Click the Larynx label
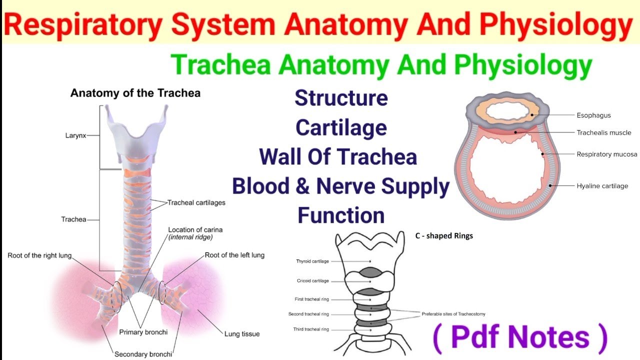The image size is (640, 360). coord(75,135)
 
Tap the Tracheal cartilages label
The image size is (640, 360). coord(196,202)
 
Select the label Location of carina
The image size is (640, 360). coord(195,230)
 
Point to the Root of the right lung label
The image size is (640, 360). coord(39,255)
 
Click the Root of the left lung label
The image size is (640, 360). coord(234,255)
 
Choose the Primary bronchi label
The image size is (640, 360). coord(143,332)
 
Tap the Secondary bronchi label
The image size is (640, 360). coord(143,354)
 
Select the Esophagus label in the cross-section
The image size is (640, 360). coord(593,115)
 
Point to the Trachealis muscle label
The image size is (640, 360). coord(603,133)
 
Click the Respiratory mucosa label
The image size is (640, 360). coord(606,154)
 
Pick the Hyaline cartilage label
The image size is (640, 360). coord(602,186)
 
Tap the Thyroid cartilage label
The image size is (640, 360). coord(312,261)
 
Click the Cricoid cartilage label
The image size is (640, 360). coord(312,281)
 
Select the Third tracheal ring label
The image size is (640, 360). coord(310,329)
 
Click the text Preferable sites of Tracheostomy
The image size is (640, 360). coord(453,314)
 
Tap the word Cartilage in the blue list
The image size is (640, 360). coord(341,128)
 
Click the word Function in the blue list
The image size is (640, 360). coord(341,215)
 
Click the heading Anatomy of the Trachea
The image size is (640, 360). coord(135,93)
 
